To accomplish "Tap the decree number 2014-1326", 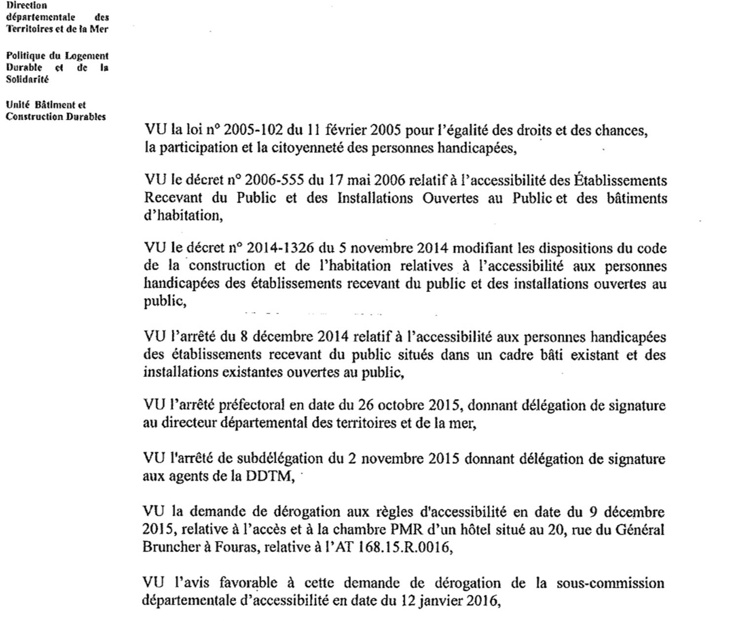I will point(280,248).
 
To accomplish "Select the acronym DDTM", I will point(269,477).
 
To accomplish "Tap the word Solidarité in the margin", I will point(27,79).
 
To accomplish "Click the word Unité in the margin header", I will point(18,104).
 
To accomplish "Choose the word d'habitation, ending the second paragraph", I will point(183,216).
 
